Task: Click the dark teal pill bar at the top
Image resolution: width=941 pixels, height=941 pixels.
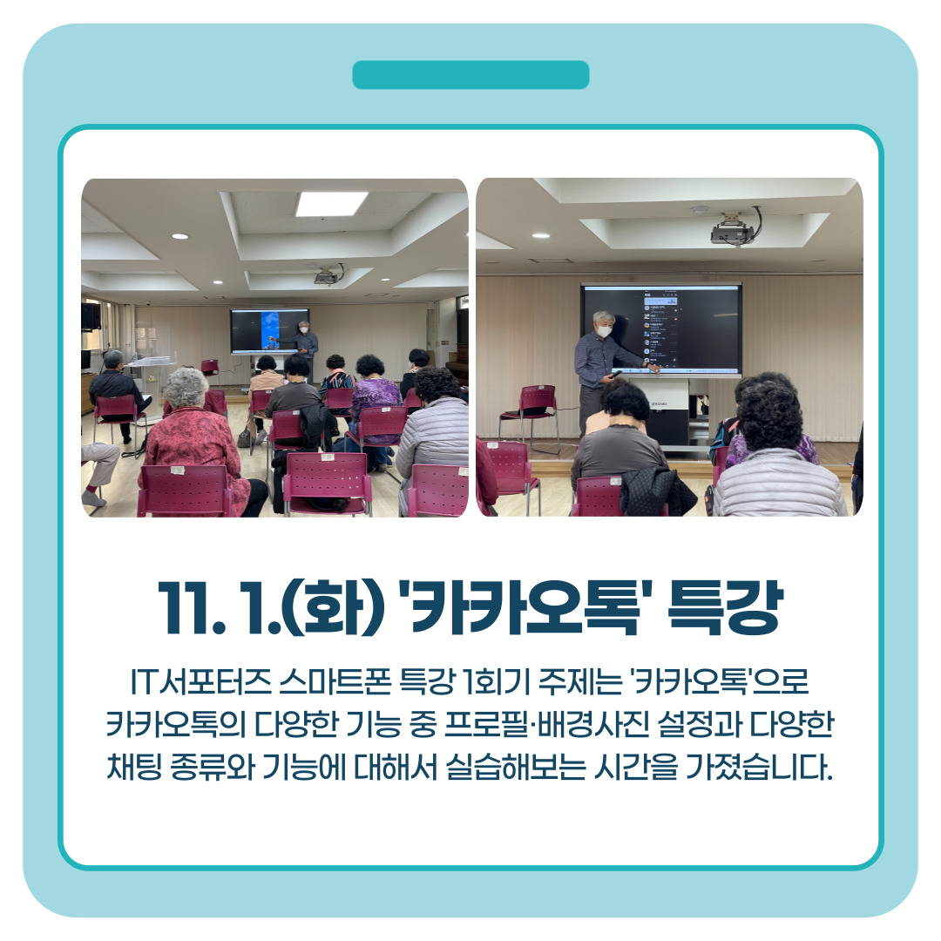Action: pos(470,75)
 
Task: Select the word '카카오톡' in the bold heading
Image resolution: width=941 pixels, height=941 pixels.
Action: pos(525,607)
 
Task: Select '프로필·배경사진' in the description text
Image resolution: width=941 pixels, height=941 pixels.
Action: pos(546,724)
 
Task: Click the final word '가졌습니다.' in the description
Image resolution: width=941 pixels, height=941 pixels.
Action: pos(759,767)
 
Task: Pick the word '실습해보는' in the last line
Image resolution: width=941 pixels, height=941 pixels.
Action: pos(516,767)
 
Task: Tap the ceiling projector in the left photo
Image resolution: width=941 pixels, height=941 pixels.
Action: pos(328,275)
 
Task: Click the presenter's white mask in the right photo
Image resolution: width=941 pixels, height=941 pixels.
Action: pos(604,331)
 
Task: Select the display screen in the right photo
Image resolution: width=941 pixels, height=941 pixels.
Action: pos(661,328)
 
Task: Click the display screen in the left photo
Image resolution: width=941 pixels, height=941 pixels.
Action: pos(270,331)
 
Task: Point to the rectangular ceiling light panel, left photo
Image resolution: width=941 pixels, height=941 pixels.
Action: pos(331,204)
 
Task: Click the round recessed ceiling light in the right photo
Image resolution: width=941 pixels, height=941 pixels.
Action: pos(541,235)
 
